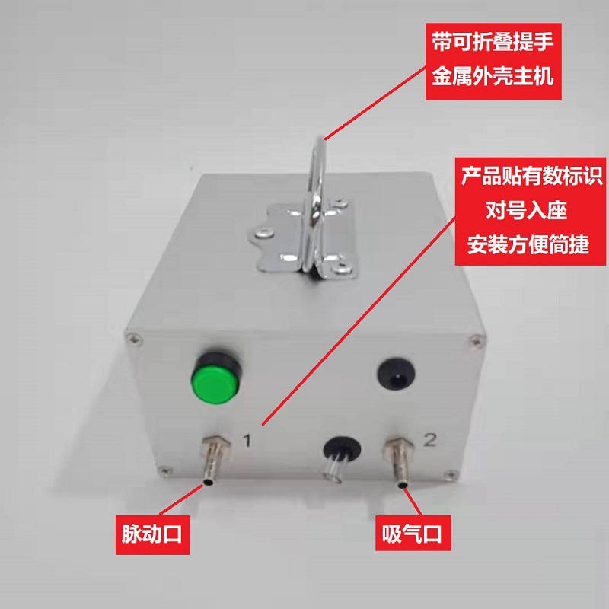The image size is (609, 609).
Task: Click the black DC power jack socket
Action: click(x=396, y=374)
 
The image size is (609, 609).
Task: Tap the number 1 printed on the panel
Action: click(x=247, y=441)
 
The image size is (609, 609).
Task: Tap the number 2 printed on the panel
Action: click(x=429, y=440)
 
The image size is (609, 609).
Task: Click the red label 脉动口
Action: click(x=152, y=534)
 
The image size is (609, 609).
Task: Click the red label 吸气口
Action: click(x=413, y=534)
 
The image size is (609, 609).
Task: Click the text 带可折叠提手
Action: click(x=493, y=42)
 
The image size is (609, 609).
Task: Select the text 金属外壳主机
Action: click(x=493, y=75)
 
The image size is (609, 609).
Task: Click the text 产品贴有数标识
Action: click(x=531, y=176)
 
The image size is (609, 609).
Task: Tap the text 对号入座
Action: click(x=527, y=210)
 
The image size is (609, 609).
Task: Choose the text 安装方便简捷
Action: click(x=528, y=244)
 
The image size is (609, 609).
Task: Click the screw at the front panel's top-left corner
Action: click(x=135, y=339)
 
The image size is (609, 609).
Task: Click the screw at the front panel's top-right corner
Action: click(x=477, y=341)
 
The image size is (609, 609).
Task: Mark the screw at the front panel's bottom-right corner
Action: click(x=451, y=473)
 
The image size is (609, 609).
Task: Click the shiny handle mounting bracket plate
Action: click(x=303, y=239)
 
